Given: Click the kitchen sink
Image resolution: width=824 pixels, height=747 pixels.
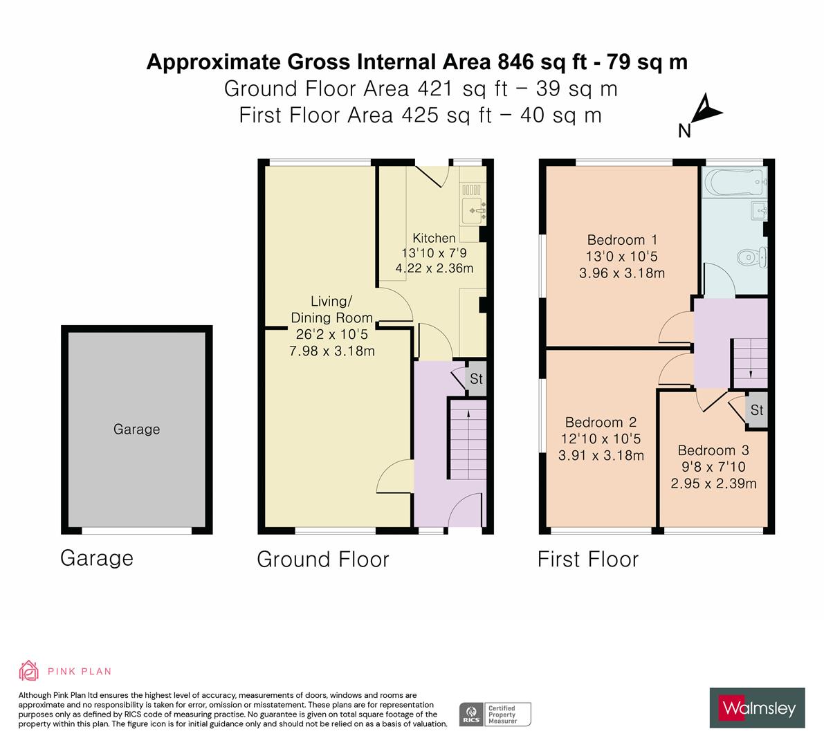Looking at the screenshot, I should click(x=474, y=207).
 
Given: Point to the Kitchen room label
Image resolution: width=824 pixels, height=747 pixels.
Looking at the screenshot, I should click(x=434, y=238).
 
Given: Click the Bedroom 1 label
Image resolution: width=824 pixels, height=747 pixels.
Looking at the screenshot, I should click(x=622, y=240).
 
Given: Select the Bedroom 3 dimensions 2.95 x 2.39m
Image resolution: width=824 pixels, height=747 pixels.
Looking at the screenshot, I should click(x=713, y=483).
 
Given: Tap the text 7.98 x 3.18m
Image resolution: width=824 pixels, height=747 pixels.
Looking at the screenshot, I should click(x=332, y=351).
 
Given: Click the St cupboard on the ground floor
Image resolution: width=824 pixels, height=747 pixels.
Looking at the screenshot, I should click(x=475, y=379).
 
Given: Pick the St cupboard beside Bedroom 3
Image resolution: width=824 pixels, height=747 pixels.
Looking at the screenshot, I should click(x=757, y=410).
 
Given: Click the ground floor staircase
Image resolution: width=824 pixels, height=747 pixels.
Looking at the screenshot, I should click(x=467, y=443).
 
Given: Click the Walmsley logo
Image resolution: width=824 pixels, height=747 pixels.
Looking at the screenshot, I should click(x=757, y=708).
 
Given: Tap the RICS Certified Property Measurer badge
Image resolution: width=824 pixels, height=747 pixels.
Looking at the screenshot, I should click(x=495, y=714).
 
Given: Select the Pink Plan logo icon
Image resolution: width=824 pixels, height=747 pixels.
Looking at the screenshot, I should click(x=30, y=670).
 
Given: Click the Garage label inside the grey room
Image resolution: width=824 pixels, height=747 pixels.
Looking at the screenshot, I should click(x=136, y=430).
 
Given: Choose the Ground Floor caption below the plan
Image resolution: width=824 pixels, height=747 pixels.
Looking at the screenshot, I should click(x=323, y=559).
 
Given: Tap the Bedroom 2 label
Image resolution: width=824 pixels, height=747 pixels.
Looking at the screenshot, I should click(x=601, y=422).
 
